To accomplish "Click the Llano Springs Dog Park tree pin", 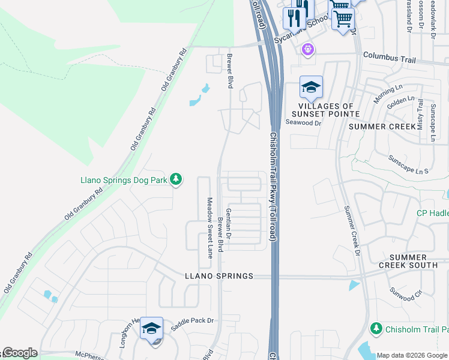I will click(x=176, y=179).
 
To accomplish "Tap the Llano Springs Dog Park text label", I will click(x=124, y=179).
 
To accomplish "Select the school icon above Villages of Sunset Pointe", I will click(x=311, y=88).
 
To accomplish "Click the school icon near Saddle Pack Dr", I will click(x=151, y=329).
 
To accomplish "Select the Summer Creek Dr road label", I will click(x=352, y=229).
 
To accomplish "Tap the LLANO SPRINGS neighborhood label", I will click(x=218, y=276).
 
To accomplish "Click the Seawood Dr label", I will click(x=304, y=123).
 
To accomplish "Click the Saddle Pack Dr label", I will click(x=192, y=321).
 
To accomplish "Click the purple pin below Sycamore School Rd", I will click(x=309, y=49).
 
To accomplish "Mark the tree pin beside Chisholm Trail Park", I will click(x=376, y=329).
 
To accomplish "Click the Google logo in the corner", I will click(x=20, y=353).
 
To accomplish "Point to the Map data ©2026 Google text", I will click(x=412, y=355).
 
